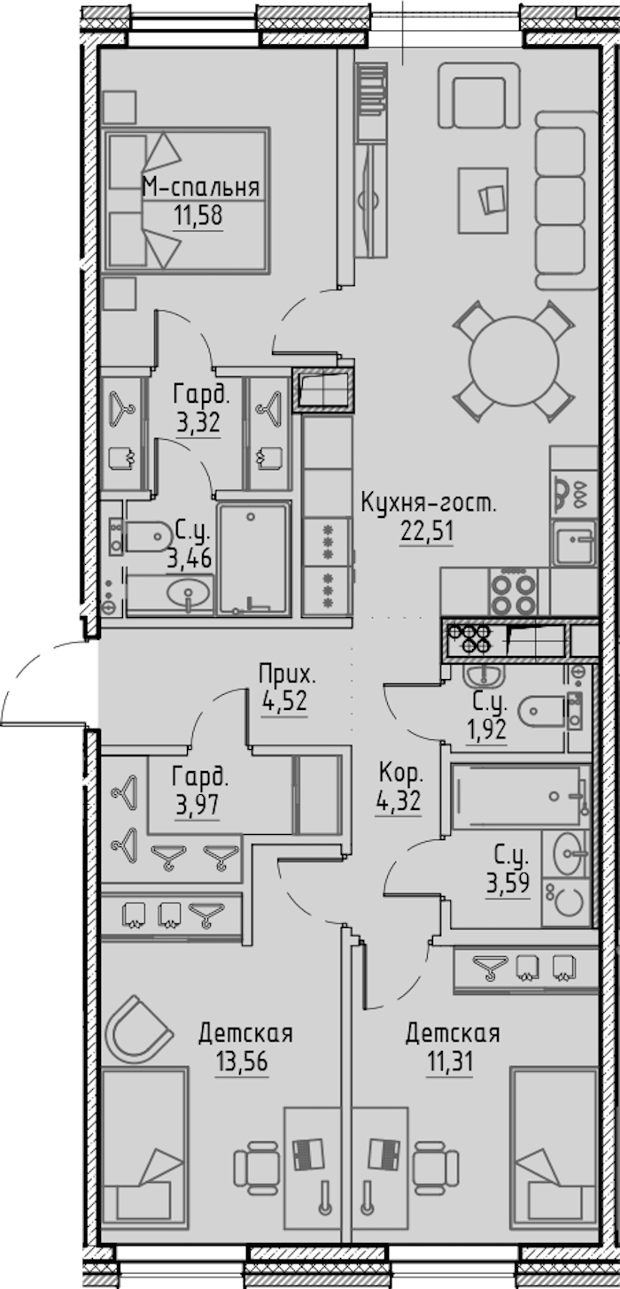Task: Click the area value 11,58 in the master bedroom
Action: [x=198, y=216]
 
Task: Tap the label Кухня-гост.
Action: [x=428, y=504]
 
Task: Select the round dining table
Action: [x=514, y=362]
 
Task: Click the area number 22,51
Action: [x=427, y=531]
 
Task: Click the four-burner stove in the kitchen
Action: [x=514, y=591]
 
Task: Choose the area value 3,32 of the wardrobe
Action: [x=198, y=424]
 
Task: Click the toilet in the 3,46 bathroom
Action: [x=147, y=537]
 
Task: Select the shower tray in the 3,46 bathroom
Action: [x=252, y=558]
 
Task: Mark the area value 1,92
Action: [x=486, y=729]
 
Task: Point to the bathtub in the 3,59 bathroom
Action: [x=521, y=796]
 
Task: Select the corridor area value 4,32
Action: [x=399, y=801]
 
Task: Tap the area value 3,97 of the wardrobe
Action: [x=198, y=805]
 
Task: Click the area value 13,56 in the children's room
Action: [x=242, y=1061]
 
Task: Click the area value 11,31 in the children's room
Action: [x=450, y=1061]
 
